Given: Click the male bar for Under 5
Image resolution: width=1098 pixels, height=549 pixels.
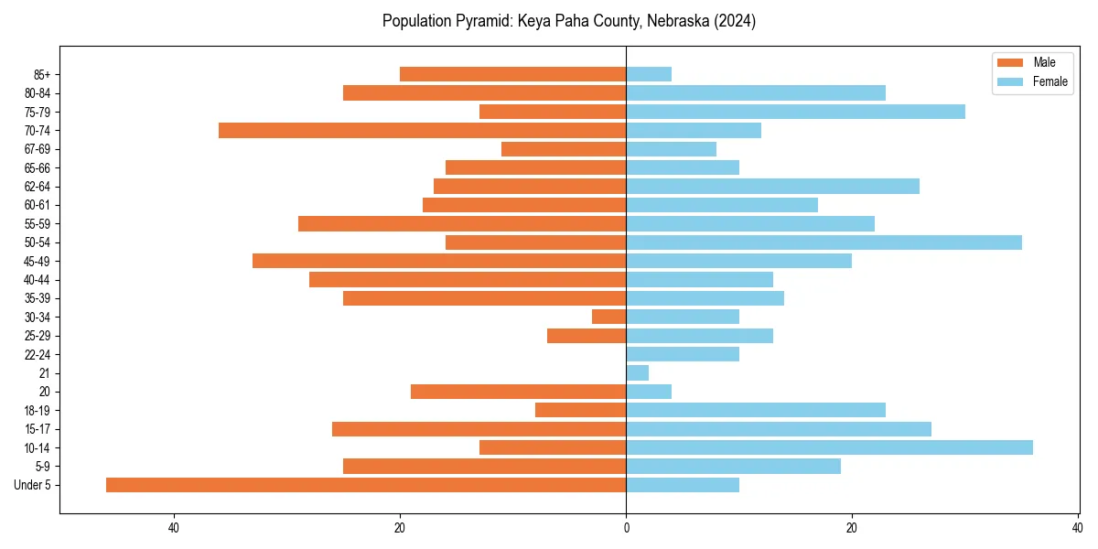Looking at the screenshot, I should tap(366, 485).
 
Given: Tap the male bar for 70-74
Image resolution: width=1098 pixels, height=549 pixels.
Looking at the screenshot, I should tap(422, 130).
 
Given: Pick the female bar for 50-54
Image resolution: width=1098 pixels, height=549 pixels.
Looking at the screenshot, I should tap(823, 242).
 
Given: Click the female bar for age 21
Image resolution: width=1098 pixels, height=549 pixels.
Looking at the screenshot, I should tap(637, 373).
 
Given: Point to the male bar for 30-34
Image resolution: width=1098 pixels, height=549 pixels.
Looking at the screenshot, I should tap(608, 317).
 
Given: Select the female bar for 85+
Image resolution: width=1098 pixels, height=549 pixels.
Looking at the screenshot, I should tap(649, 74).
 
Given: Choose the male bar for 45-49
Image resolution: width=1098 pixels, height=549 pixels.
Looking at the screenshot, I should tap(439, 261).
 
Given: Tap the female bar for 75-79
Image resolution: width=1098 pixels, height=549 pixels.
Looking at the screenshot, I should tap(795, 112).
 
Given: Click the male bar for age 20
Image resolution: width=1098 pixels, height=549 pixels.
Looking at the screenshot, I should tap(518, 392).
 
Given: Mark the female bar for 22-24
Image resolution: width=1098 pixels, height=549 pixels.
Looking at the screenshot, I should tap(683, 354).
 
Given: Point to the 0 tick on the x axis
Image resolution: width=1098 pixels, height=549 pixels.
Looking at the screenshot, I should tap(626, 528).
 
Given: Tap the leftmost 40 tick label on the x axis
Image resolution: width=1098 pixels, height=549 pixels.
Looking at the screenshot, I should tap(174, 528).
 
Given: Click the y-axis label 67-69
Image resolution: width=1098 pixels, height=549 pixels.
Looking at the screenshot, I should tap(37, 149).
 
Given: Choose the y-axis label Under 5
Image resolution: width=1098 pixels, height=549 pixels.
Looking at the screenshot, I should tap(33, 485).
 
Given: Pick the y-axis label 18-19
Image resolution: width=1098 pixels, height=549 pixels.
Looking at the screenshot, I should tap(37, 411).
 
